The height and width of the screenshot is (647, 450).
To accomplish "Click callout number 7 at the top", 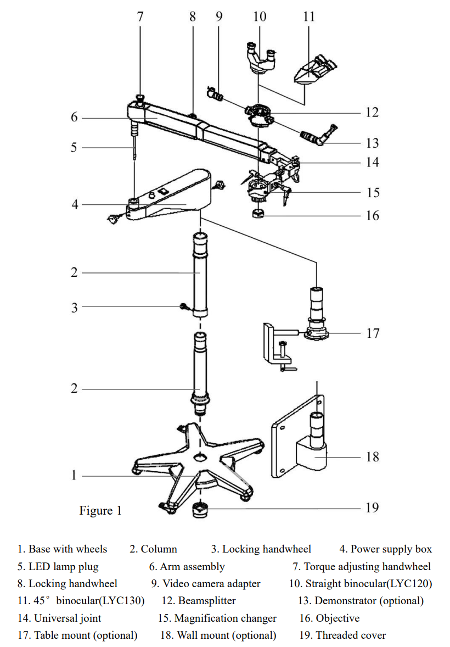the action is coord(140,16).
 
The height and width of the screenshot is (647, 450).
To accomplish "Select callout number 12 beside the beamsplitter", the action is coord(372,112).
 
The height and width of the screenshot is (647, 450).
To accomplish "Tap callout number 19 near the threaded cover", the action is coord(372,507).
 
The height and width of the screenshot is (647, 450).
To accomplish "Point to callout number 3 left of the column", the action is coord(74,308).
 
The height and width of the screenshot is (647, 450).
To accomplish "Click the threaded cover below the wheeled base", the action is coord(200,510).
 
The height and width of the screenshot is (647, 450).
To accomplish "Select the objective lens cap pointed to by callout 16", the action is coord(258,213).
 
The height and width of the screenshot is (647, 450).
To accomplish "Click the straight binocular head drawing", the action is coord(260,58).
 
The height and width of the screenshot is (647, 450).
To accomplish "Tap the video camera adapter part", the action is coord(215,94).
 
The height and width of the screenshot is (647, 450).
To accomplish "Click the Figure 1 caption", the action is coord(100,510).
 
